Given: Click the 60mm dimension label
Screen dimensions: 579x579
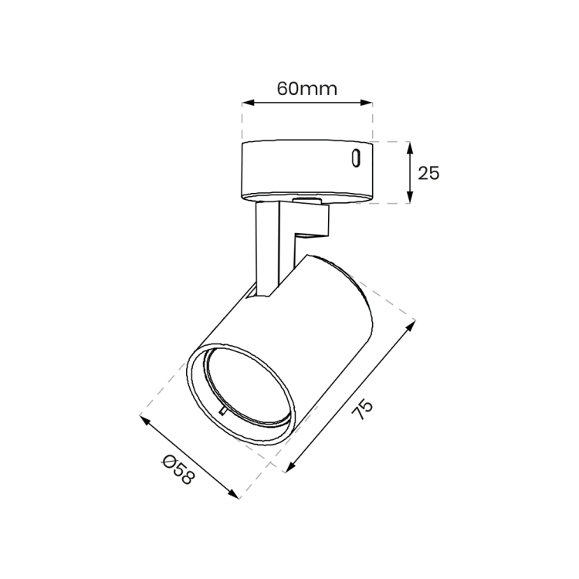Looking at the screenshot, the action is click(x=307, y=89).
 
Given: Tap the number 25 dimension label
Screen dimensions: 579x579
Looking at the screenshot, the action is click(x=428, y=173).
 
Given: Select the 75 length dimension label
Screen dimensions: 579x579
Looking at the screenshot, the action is click(x=362, y=409).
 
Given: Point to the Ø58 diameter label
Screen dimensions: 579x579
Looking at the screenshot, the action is click(x=178, y=469).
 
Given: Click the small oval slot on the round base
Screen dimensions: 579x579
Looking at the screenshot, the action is click(x=356, y=158).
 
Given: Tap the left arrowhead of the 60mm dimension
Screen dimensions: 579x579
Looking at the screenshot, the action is click(x=248, y=103).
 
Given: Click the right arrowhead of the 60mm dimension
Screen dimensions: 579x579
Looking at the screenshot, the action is click(x=366, y=103).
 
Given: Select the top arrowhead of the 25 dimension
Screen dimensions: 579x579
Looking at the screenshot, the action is click(x=409, y=147).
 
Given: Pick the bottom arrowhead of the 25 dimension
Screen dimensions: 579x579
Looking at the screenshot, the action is click(x=409, y=197).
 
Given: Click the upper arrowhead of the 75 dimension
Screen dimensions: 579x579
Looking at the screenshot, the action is click(x=411, y=326).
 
